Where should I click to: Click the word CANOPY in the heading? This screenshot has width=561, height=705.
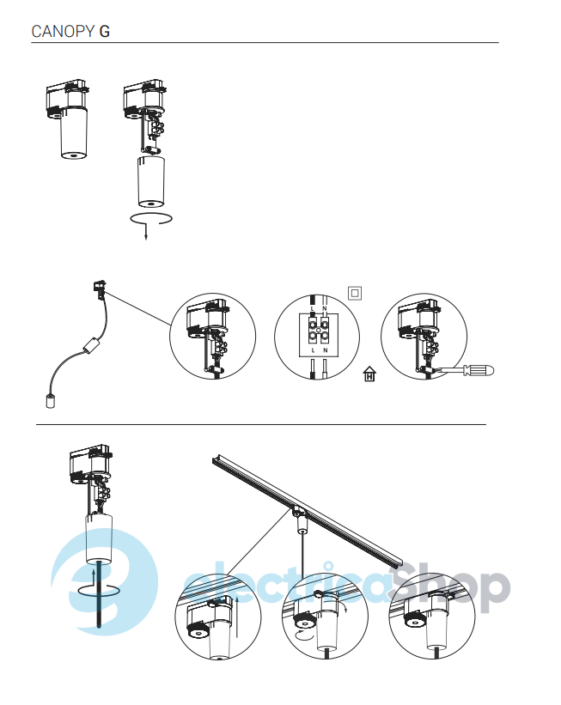click(63, 32)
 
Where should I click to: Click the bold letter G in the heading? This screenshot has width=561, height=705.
click(105, 32)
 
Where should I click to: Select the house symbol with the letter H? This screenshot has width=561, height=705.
click(369, 374)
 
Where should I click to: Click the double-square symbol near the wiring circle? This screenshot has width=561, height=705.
click(355, 293)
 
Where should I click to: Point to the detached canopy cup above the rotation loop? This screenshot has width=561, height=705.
click(150, 182)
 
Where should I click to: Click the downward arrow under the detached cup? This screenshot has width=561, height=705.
click(146, 231)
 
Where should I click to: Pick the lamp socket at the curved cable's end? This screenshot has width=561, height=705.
click(51, 401)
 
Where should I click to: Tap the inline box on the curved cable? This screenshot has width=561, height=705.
click(92, 345)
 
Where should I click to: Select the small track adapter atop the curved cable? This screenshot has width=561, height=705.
click(100, 287)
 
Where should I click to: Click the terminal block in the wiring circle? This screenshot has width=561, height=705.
click(318, 329)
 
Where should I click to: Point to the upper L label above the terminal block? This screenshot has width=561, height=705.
click(313, 308)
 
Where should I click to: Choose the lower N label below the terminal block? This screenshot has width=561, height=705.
click(326, 349)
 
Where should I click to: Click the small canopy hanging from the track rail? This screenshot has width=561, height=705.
click(302, 525)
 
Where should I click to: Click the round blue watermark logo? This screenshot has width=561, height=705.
click(104, 581)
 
